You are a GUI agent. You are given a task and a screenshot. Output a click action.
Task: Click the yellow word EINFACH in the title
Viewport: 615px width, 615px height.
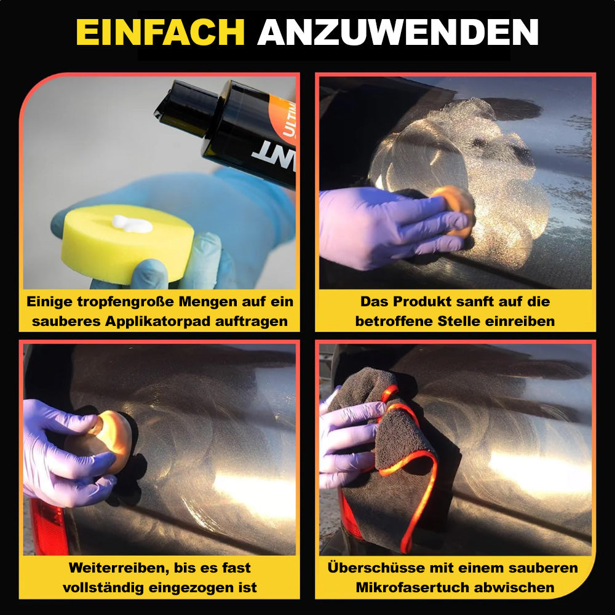click(161, 32)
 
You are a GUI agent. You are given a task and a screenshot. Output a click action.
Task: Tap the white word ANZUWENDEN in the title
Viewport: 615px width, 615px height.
click(398, 32)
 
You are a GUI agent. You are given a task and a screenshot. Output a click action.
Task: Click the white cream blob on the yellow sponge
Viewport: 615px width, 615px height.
click(132, 224)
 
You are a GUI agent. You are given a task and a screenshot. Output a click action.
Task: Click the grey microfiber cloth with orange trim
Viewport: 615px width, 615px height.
click(396, 459)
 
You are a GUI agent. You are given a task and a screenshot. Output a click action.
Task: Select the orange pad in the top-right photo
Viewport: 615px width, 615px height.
click(455, 211)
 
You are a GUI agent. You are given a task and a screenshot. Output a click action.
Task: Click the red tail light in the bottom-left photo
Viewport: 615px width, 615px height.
click(48, 526)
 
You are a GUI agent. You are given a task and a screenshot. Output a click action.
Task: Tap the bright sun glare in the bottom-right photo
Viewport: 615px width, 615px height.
click(539, 472)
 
